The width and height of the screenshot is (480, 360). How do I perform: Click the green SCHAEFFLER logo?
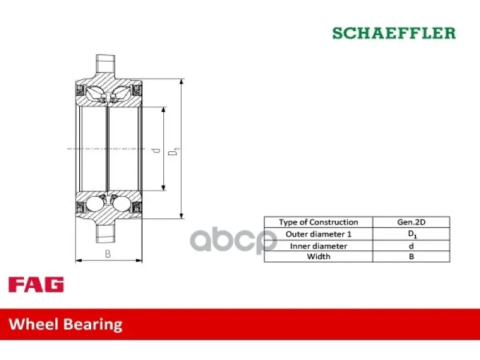point(394,33)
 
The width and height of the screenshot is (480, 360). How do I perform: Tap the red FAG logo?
point(36,284)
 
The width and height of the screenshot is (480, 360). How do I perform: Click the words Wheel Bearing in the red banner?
point(65,325)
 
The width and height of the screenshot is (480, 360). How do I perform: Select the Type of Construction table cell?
point(319,222)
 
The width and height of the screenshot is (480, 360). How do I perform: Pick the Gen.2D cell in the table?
point(411,222)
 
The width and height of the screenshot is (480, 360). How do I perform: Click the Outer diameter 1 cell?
point(319,234)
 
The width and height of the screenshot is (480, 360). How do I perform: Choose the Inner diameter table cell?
point(319,246)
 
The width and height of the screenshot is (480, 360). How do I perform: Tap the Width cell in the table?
point(319,257)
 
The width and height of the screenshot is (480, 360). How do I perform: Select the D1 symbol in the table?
point(412,235)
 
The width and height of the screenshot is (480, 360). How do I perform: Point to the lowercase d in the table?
point(411,246)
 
